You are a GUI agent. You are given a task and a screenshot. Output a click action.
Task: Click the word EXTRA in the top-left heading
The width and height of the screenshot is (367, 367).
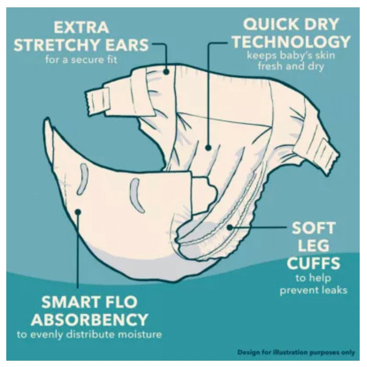81,27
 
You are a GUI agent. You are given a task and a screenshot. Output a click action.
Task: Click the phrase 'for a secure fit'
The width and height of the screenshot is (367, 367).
81,60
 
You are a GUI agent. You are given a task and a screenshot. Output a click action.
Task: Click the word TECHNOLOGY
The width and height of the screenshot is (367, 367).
291,41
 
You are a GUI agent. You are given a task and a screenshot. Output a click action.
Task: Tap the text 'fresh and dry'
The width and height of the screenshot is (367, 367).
291,66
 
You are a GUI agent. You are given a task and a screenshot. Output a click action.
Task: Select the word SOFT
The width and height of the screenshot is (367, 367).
314,228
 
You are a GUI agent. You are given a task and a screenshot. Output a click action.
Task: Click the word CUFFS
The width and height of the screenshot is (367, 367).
313,263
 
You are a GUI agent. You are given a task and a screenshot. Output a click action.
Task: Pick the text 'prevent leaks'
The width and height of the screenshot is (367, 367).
313,290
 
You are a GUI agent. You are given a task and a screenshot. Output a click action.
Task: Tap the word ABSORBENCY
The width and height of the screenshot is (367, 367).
89,319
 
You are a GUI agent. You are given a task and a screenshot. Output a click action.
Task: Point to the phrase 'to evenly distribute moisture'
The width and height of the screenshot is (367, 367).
89,334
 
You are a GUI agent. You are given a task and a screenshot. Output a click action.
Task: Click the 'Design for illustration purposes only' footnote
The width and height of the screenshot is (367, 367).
296,352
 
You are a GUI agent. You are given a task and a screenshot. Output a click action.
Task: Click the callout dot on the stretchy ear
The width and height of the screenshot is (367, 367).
166,72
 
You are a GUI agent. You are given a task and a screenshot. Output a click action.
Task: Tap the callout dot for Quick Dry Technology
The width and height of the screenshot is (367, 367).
208,147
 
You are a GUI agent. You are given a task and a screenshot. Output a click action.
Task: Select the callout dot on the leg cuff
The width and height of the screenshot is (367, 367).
230,227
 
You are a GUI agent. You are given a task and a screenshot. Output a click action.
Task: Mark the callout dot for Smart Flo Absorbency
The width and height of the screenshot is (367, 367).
78,212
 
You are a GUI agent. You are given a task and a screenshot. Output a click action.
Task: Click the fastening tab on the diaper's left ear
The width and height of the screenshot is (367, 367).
97,100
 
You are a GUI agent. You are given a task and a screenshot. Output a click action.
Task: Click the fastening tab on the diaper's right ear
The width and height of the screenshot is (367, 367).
328,156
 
